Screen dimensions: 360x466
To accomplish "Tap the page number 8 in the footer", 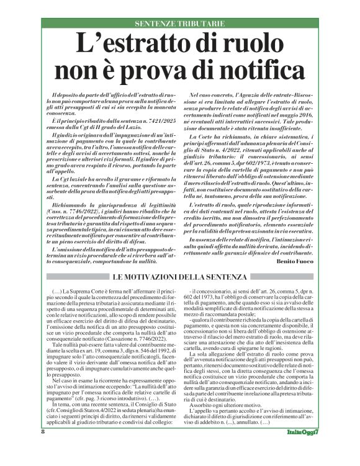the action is click(43, 448).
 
